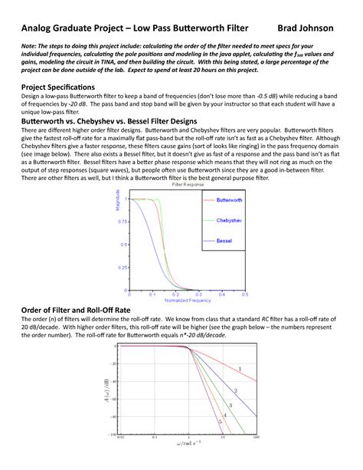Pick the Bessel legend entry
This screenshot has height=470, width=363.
tap(224, 241)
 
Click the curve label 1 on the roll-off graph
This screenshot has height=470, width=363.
tap(240, 370)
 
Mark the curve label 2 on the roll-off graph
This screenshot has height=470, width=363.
tap(235, 390)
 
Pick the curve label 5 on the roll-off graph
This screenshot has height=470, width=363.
tap(220, 422)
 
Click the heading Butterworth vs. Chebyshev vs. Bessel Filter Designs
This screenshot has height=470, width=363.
tap(111, 121)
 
